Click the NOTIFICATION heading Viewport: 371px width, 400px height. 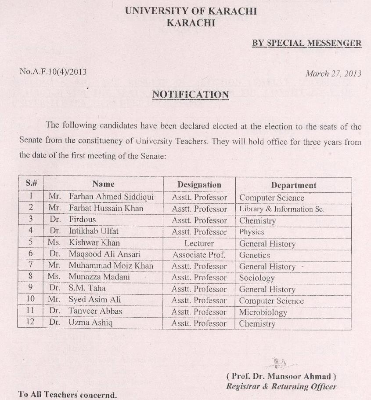(190, 95)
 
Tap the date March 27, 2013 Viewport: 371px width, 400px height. (333, 73)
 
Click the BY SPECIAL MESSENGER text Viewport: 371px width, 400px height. (306, 43)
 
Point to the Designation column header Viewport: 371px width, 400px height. (199, 185)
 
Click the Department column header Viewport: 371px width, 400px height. (293, 185)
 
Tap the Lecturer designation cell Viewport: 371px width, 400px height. (199, 243)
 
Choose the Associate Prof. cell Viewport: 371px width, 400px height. (199, 255)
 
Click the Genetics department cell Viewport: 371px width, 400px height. (255, 255)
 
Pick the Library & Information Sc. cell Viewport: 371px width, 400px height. (281, 209)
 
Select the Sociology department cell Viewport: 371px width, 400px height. (257, 278)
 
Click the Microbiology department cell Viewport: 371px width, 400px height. (263, 312)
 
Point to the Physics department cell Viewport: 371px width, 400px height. (252, 232)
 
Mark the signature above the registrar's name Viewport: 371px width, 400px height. (280, 363)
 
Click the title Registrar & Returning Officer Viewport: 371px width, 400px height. (281, 387)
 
